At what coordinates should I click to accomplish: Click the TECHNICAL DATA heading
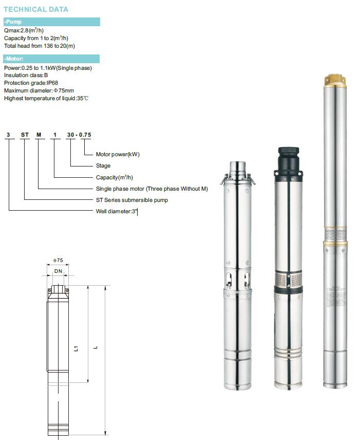click(x=36, y=9)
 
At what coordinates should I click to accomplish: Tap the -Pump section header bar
click(x=52, y=22)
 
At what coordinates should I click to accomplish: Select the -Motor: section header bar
click(x=51, y=59)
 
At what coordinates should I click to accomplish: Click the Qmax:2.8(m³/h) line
click(x=24, y=30)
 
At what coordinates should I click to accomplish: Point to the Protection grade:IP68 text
click(x=31, y=83)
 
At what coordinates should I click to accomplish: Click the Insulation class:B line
click(x=26, y=75)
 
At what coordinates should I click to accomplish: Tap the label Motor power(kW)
click(x=118, y=154)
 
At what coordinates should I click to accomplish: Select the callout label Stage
click(x=103, y=166)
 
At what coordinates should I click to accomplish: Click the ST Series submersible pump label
click(x=132, y=200)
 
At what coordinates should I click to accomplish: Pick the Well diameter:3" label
click(x=116, y=211)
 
